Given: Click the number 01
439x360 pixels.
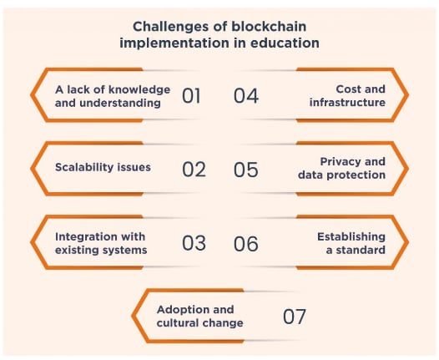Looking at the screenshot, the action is pos(191,96).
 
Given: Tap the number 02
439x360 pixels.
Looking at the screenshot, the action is pos(194,170).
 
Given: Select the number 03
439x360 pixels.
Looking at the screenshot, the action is pos(194,243).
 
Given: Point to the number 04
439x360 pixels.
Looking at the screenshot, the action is pos(246,96).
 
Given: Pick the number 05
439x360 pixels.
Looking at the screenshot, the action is pos(246,170).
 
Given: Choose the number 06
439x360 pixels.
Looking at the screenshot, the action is pos(246,243).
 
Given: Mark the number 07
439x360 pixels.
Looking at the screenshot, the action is pos(294,317).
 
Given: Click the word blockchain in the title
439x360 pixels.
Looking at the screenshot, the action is pos(269,27).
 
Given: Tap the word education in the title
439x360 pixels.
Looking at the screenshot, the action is pos(285,43).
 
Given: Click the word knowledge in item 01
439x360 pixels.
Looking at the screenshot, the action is pos(139,90).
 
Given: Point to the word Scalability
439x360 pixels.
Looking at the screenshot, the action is pos(83,167).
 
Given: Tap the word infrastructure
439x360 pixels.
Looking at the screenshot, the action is pos(347,102).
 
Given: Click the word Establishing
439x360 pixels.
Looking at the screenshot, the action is pos(351,237).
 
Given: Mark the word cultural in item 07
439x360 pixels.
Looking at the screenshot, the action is pos(177,323).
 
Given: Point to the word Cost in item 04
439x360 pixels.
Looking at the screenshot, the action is pos(348,89).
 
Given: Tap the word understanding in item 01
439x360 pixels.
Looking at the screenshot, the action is pos(120,103).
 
